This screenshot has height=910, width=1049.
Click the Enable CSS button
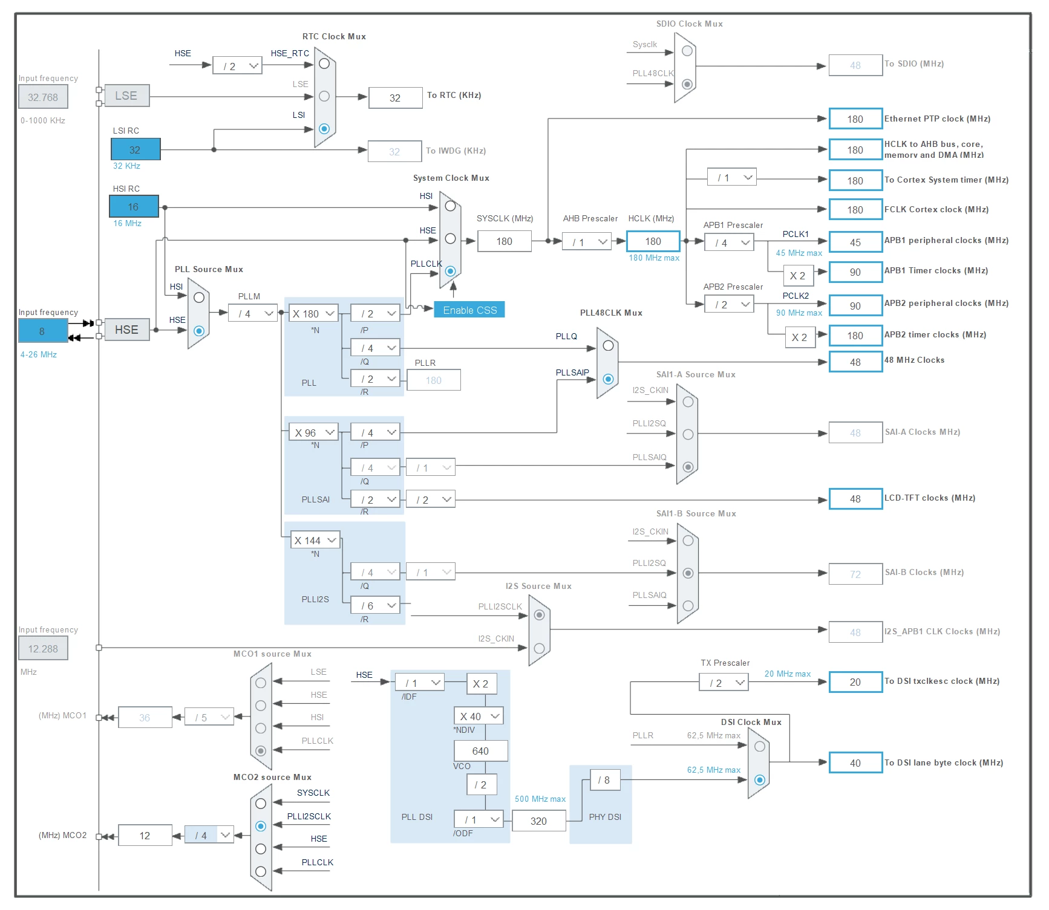tap(469, 310)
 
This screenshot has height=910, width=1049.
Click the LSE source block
tap(126, 96)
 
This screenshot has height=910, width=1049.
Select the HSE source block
tap(126, 330)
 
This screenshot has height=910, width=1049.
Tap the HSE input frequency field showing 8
tap(42, 331)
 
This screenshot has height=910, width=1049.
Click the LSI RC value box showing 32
tap(136, 149)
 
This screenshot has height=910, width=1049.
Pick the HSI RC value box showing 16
tap(134, 206)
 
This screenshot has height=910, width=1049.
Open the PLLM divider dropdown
tap(253, 313)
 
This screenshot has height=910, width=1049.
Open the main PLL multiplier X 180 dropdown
tap(313, 313)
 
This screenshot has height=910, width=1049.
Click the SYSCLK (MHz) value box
tap(505, 241)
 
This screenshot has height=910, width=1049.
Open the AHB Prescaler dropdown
tap(587, 242)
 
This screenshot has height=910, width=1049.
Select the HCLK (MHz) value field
tap(653, 241)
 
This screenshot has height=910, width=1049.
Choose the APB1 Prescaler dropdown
tap(729, 242)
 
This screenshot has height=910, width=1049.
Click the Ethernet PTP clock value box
tap(855, 119)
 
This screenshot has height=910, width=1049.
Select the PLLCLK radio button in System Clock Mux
tap(450, 271)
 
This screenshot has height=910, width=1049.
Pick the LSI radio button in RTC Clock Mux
tap(324, 128)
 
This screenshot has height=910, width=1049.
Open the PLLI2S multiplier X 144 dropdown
tap(315, 540)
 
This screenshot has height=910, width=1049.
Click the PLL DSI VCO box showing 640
tap(481, 751)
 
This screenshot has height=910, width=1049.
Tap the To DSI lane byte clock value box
tap(855, 763)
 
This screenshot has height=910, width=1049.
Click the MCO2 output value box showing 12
tap(145, 836)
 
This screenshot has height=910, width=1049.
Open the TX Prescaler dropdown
tap(724, 683)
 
